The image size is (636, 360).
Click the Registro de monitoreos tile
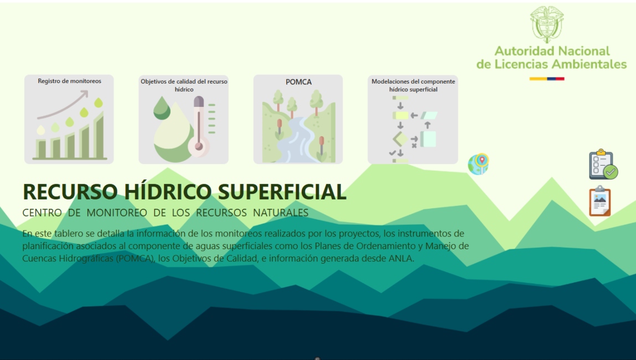[69, 119]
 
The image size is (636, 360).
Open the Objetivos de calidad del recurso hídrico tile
[183, 119]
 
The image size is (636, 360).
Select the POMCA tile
[298, 119]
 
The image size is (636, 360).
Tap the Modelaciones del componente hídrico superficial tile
[412, 119]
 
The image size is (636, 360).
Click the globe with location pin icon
[478, 164]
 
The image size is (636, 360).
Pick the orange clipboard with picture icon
[600, 202]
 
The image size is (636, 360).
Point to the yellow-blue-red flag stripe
[546, 79]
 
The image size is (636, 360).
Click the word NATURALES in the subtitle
[281, 213]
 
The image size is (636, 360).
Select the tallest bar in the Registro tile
[100, 137]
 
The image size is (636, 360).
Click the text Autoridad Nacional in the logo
[552, 51]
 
